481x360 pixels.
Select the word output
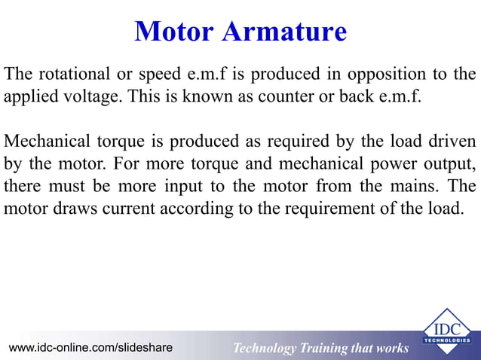tap(446, 163)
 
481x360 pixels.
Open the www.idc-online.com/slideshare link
tap(90, 347)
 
